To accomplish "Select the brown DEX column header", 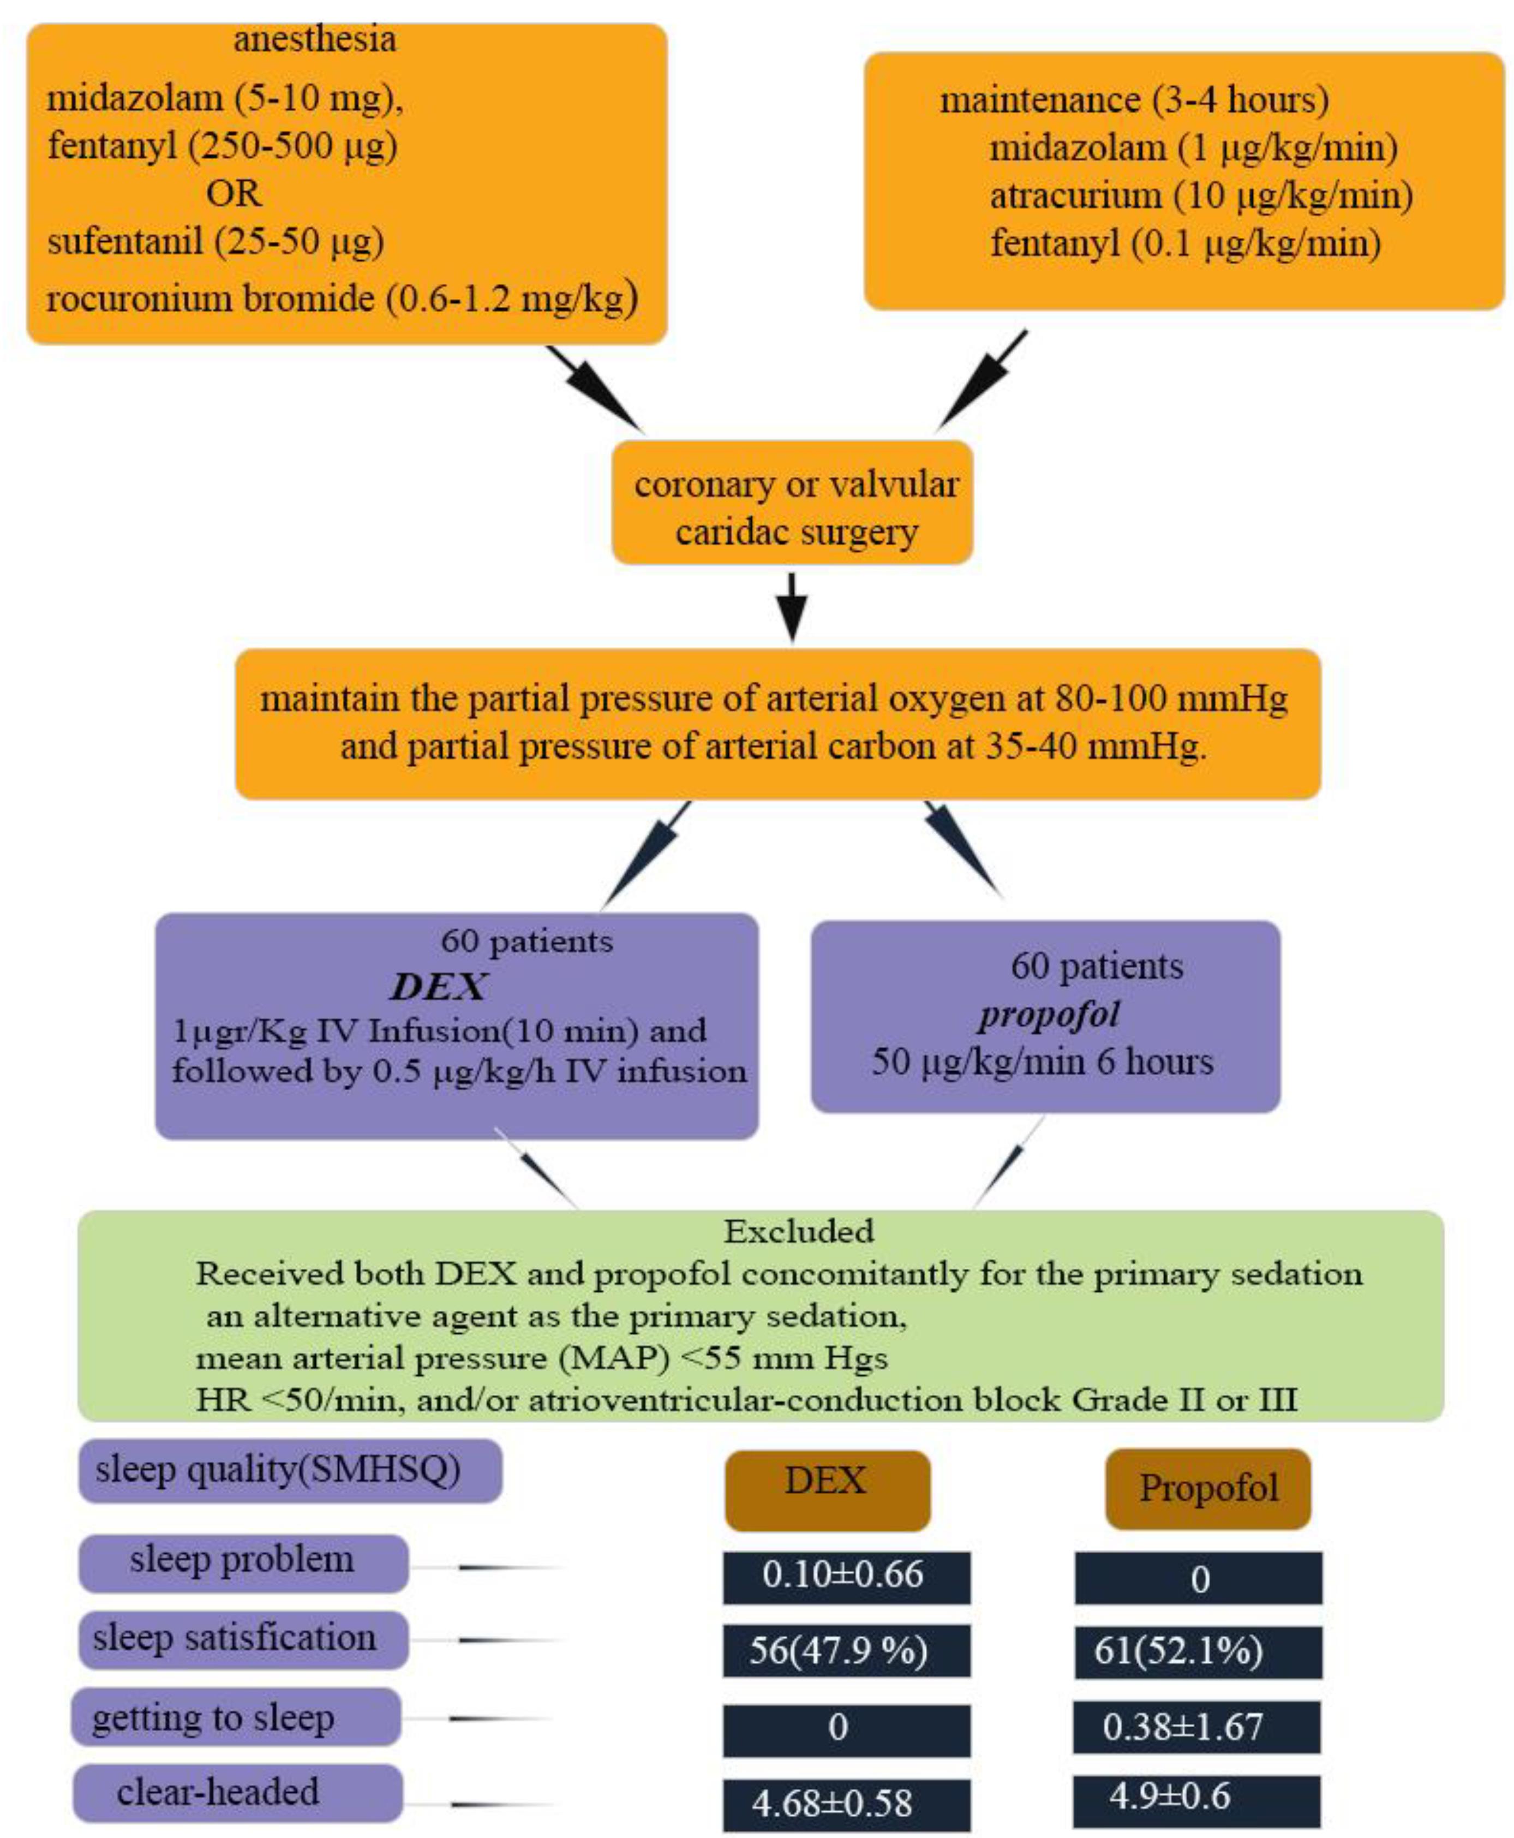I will point(827,1482).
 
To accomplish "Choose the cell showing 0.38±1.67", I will point(1196,1726).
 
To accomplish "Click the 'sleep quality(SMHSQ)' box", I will point(290,1470).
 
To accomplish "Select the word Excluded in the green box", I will point(799,1231).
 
